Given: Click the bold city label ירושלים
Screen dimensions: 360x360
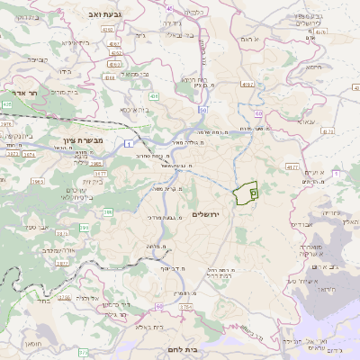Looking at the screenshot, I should click(x=206, y=213).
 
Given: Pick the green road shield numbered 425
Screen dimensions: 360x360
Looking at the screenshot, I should click(x=7, y=104).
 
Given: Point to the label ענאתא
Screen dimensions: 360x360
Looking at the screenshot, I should click(x=304, y=121).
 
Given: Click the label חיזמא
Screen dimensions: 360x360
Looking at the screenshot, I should click(x=313, y=67).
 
